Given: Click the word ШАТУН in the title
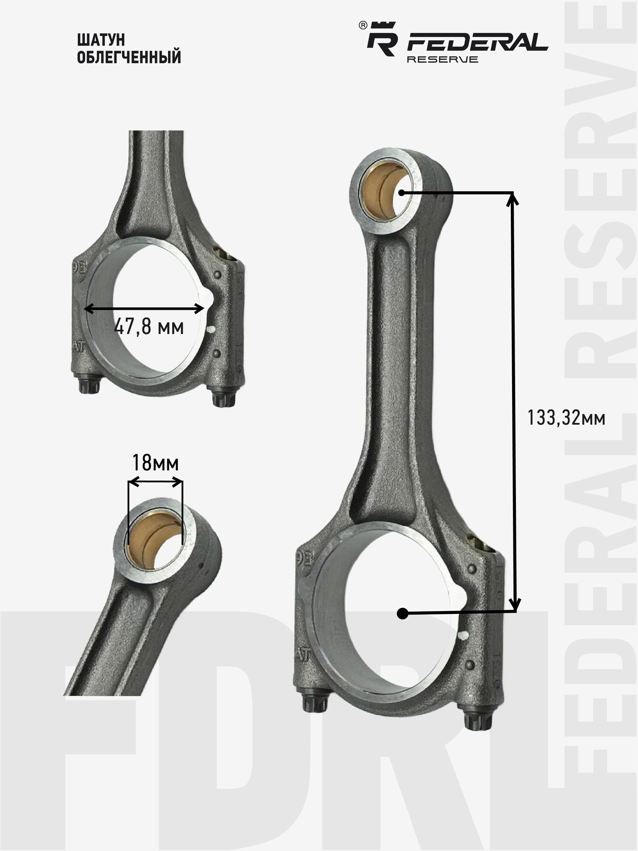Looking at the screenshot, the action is pos(101,40).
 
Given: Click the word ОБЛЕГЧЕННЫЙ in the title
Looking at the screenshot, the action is pos(129,57).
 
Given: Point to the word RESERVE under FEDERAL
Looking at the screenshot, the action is pos(442,59).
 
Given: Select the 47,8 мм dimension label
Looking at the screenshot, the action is pos(149,327).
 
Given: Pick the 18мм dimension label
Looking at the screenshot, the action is pos(155,463).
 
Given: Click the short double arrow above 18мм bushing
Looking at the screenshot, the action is pos(155,482).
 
